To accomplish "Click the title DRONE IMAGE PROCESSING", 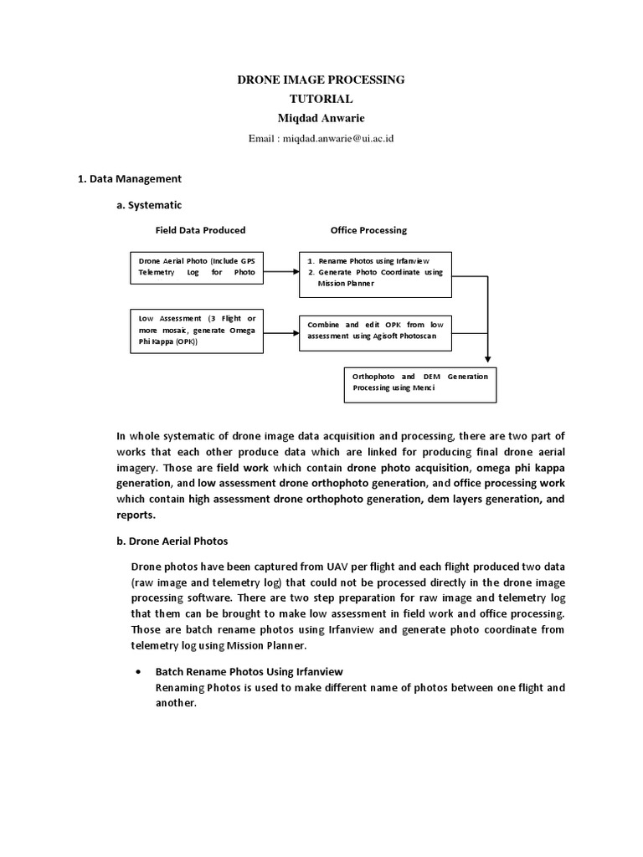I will coord(321,80).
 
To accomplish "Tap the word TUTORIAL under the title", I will coord(321,99).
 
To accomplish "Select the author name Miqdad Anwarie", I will coord(321,118).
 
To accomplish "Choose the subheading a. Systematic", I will coord(149,204).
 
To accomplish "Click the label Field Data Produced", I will coord(200,230).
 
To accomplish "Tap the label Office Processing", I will coord(368,230).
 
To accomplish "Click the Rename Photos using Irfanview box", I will coord(375,273).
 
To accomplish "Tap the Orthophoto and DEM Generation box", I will coord(420,382).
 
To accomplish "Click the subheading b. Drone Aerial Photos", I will coord(172,541).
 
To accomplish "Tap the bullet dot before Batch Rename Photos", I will coord(137,672).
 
